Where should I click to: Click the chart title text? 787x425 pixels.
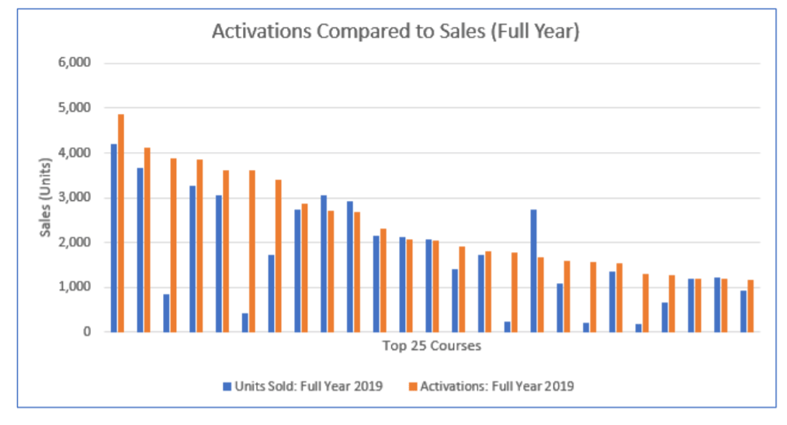395,33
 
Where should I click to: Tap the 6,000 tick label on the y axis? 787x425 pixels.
74,63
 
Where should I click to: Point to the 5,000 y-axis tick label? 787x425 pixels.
74,108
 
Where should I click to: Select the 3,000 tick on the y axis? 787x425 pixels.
74,198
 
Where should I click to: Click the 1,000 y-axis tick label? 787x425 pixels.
74,288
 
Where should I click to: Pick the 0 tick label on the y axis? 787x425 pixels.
87,332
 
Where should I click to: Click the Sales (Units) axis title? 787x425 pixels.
45,197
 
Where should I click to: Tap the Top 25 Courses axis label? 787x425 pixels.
432,346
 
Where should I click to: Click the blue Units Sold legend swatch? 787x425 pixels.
227,385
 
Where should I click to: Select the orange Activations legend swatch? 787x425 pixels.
412,385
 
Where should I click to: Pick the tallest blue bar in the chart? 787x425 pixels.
114,238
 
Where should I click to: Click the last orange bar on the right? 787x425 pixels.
751,306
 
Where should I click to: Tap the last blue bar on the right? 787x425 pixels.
744,312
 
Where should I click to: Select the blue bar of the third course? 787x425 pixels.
166,313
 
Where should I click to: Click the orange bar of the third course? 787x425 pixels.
173,245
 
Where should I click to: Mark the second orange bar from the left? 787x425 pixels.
147,240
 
